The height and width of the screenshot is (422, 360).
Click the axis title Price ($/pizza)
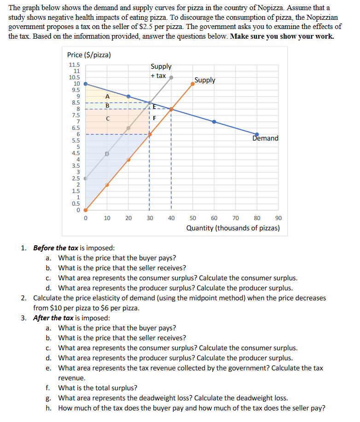(89, 55)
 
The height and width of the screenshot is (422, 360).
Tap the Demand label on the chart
(265, 138)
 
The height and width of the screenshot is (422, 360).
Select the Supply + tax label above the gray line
(161, 71)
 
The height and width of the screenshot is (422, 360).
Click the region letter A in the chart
(107, 97)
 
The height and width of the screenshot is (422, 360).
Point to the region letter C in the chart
(107, 118)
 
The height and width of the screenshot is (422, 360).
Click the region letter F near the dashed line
(155, 118)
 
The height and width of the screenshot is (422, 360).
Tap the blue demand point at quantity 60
(214, 122)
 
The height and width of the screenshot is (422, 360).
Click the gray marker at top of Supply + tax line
(171, 77)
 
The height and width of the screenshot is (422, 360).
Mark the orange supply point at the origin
(86, 210)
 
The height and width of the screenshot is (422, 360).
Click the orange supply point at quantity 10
(107, 185)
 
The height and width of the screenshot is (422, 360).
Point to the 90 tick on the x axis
(279, 218)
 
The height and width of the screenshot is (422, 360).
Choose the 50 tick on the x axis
(193, 218)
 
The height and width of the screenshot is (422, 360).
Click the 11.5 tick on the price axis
(74, 65)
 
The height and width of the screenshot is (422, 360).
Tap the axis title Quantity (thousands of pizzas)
(232, 228)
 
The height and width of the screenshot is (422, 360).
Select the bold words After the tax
(49, 318)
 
